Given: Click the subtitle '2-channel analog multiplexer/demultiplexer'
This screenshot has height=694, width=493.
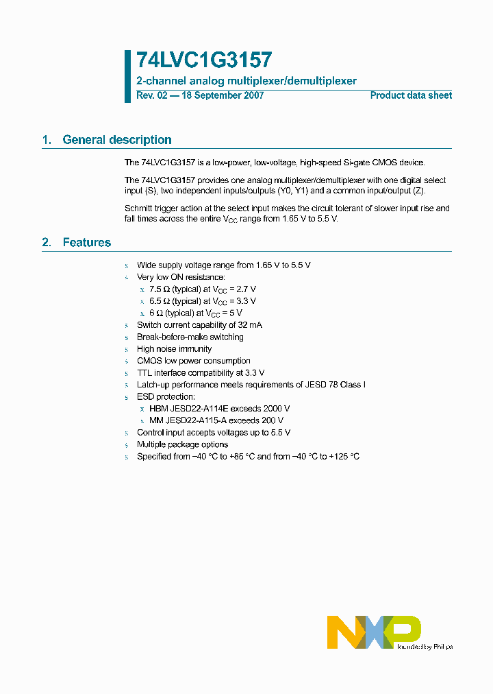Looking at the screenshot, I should pos(246,81).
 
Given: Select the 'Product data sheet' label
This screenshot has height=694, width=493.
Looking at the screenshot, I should pos(411,95).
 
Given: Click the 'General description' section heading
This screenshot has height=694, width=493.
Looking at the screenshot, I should pos(116,140).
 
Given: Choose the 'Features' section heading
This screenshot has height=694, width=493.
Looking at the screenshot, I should pos(86,242).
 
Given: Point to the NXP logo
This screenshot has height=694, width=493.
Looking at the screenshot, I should pos(373,632).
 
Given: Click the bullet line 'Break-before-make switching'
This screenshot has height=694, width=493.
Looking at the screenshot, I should pos(190,337).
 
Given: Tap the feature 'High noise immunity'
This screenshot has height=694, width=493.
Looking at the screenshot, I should pos(174,349).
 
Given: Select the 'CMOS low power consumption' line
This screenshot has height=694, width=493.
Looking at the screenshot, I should pos(193,361).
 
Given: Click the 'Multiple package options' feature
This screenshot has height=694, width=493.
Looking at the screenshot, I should pos(182,444).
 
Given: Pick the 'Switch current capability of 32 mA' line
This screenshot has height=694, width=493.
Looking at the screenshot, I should pos(199,324).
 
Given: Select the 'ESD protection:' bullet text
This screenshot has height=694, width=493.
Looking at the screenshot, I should pos(166,396).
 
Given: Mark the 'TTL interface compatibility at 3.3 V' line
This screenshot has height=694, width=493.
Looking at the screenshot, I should pos(201,372).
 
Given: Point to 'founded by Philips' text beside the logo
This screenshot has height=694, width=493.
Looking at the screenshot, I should pos(425,646).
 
